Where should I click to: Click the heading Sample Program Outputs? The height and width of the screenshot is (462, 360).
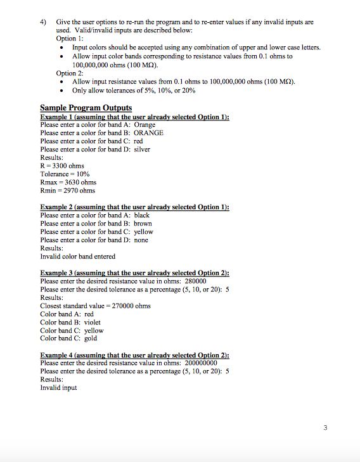[x=86, y=107]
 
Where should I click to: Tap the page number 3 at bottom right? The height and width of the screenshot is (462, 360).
[x=325, y=428]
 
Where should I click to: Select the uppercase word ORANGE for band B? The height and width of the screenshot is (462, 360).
[x=148, y=132]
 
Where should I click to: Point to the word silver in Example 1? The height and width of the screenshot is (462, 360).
[x=142, y=149]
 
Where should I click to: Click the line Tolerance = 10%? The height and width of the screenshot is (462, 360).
[x=65, y=174]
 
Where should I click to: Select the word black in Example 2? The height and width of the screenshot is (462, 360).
[x=142, y=215]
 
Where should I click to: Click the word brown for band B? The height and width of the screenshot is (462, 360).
[x=143, y=224]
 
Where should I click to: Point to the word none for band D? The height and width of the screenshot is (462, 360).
[x=141, y=240]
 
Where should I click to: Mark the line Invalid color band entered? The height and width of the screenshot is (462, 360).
[x=77, y=257]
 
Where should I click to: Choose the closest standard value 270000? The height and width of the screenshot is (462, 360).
[x=124, y=305]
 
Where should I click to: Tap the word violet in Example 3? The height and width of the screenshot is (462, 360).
[x=93, y=322]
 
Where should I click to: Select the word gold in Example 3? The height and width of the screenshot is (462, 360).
[x=91, y=338]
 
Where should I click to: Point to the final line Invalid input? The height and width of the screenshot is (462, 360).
[x=58, y=388]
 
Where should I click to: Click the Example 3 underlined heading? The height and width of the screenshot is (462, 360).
[x=134, y=273]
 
